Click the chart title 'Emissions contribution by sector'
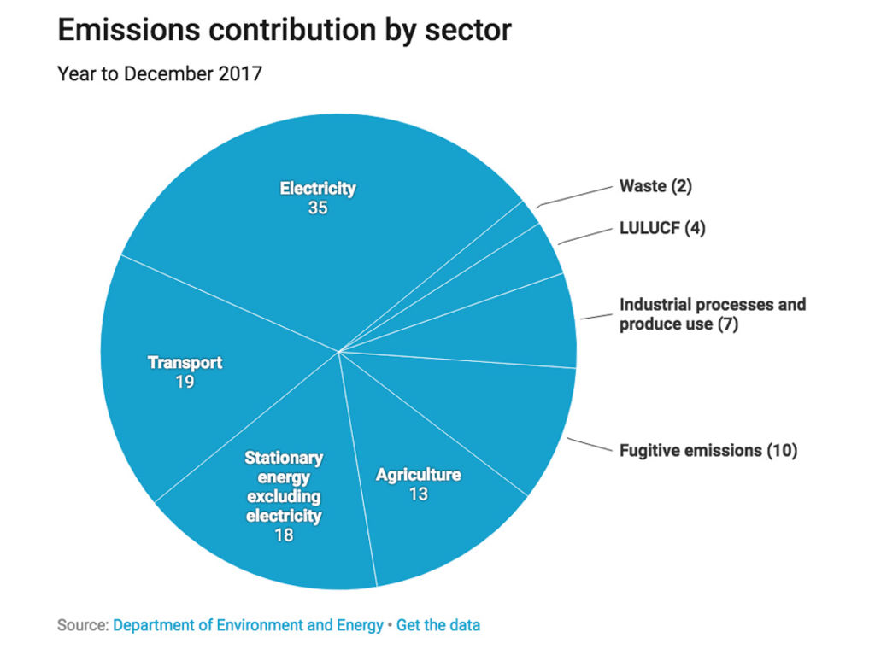pos(284,31)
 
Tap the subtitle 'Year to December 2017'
pos(159,74)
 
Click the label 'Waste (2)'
pos(655,186)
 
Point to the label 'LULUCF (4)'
pos(662,229)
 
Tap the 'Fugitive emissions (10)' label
pos(708,450)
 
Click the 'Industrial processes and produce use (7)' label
pos(712,314)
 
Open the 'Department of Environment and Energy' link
pos(248,625)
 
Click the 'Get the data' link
pos(438,625)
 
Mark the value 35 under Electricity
pos(318,208)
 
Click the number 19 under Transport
pos(185,382)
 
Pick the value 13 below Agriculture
pos(418,494)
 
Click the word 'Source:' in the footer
pos(83,625)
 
